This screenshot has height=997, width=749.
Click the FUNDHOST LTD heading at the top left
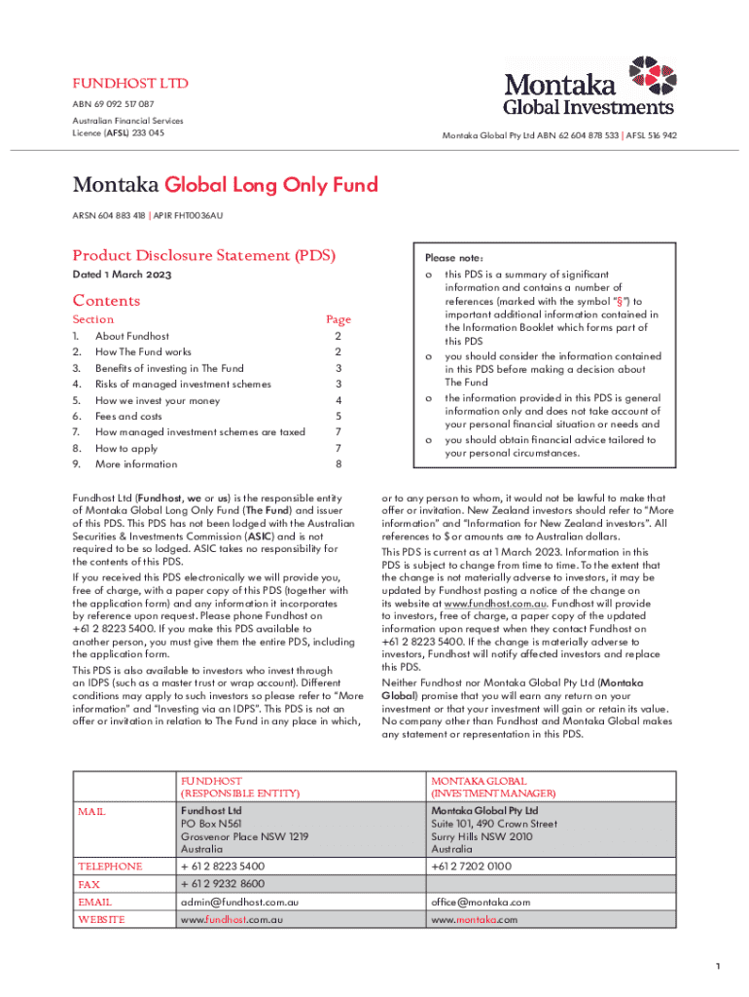pos(130,84)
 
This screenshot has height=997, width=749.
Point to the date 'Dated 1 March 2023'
pos(123,275)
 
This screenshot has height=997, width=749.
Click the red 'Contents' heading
pos(106,301)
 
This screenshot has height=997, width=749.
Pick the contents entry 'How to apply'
pos(126,448)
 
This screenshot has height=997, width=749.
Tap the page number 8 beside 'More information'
pos(338,464)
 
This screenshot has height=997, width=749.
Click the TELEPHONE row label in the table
pos(110,866)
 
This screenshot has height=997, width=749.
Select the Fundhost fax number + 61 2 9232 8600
pos(223,883)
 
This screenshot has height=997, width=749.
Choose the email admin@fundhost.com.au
pos(239,902)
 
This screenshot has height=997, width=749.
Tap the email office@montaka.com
pos(481,902)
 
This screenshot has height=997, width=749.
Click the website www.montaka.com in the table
pos(475,919)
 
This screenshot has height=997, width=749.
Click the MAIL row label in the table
pos(92,811)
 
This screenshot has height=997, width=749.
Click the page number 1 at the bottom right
pos(717,966)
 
